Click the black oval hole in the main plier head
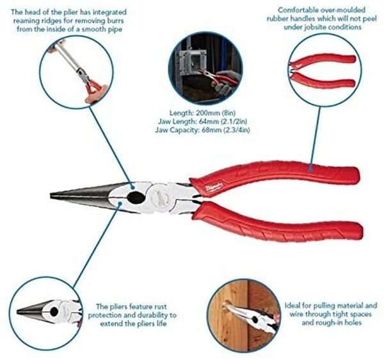(x=136, y=197)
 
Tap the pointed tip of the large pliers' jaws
(x=51, y=196)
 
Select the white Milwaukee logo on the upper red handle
(x=214, y=187)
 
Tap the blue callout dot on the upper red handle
(x=310, y=168)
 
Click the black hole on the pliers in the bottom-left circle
(x=54, y=311)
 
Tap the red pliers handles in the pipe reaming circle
(x=94, y=88)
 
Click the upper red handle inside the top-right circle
(x=323, y=60)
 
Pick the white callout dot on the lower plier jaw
(x=120, y=203)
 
